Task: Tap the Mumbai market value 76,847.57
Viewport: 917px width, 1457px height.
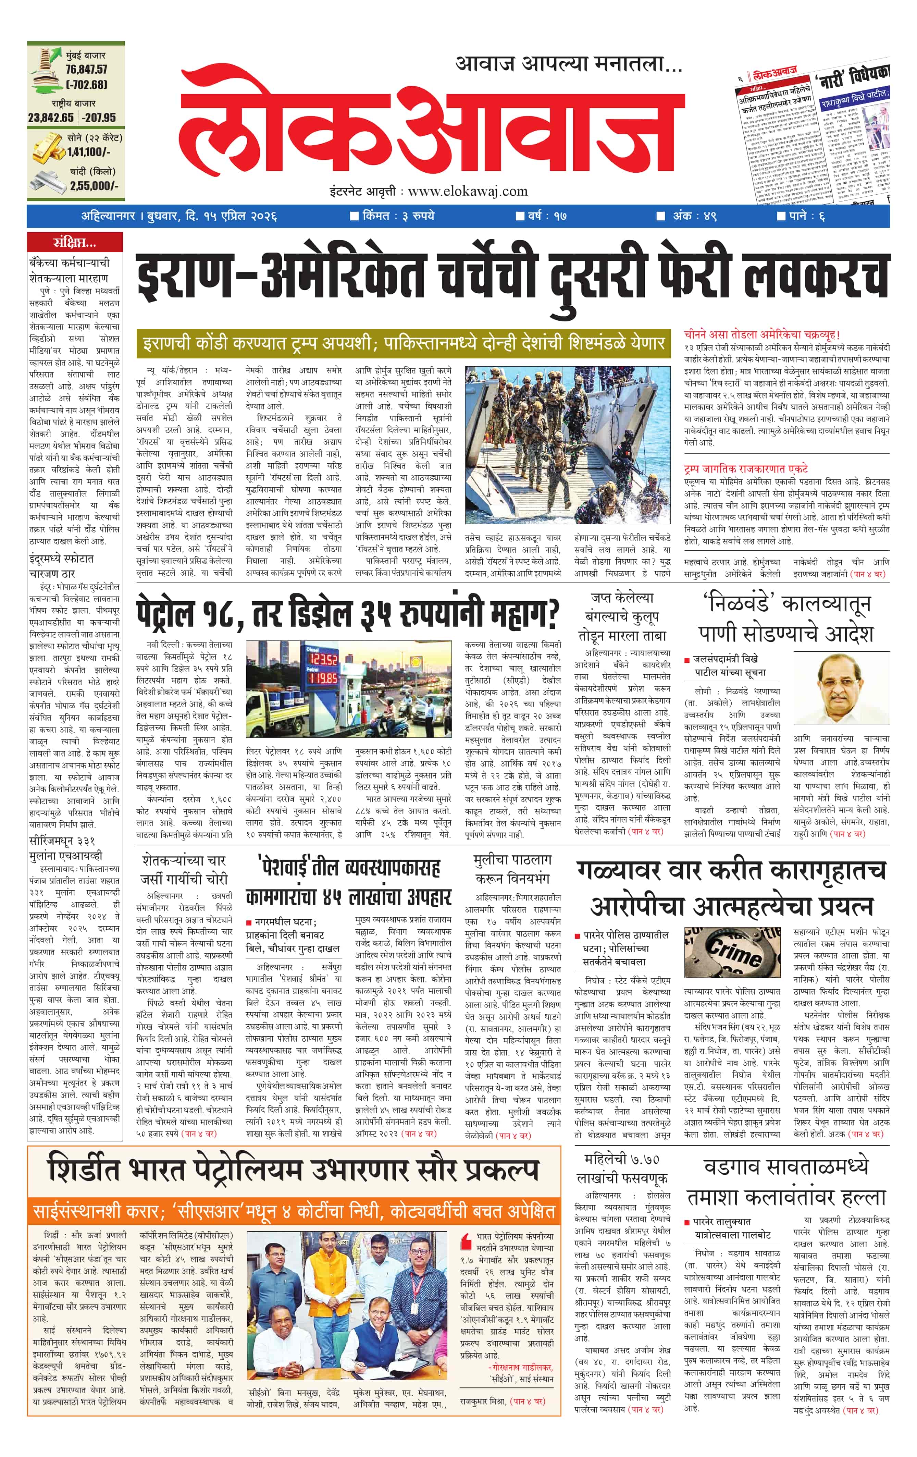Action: click(x=87, y=70)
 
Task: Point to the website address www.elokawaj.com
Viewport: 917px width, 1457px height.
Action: click(x=468, y=191)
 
